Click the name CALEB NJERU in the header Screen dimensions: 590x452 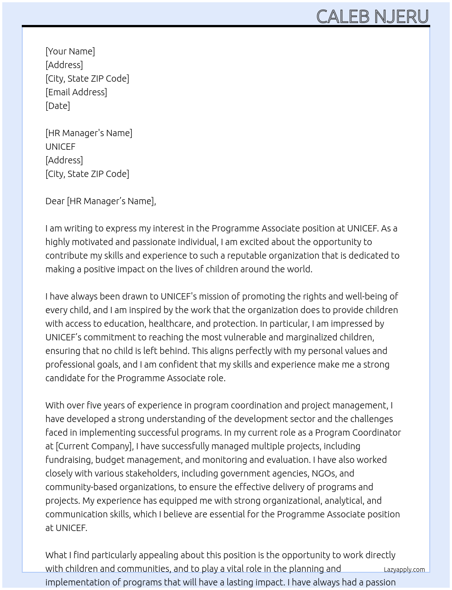(x=372, y=16)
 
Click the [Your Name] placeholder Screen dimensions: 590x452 (x=70, y=51)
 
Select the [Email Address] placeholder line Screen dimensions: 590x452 (x=76, y=92)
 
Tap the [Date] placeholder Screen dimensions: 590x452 (x=58, y=106)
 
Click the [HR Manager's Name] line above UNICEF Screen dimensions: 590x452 (x=88, y=133)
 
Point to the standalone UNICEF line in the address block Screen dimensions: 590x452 (x=60, y=147)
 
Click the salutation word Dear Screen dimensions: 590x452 (x=55, y=201)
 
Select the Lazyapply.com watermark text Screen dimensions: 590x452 (x=404, y=570)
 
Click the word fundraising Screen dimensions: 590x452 (x=69, y=460)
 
